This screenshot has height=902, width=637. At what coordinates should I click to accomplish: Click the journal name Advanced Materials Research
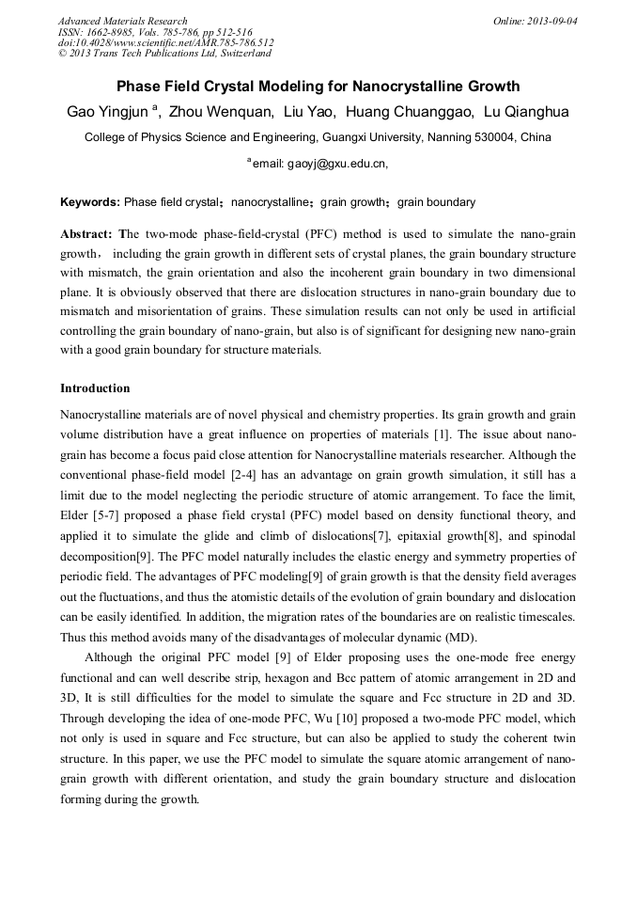coord(122,21)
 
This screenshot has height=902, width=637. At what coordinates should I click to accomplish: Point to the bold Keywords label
coord(89,202)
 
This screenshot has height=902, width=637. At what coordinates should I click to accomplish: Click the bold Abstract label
coord(86,233)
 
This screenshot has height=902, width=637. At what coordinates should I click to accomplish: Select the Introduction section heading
coord(95,388)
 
